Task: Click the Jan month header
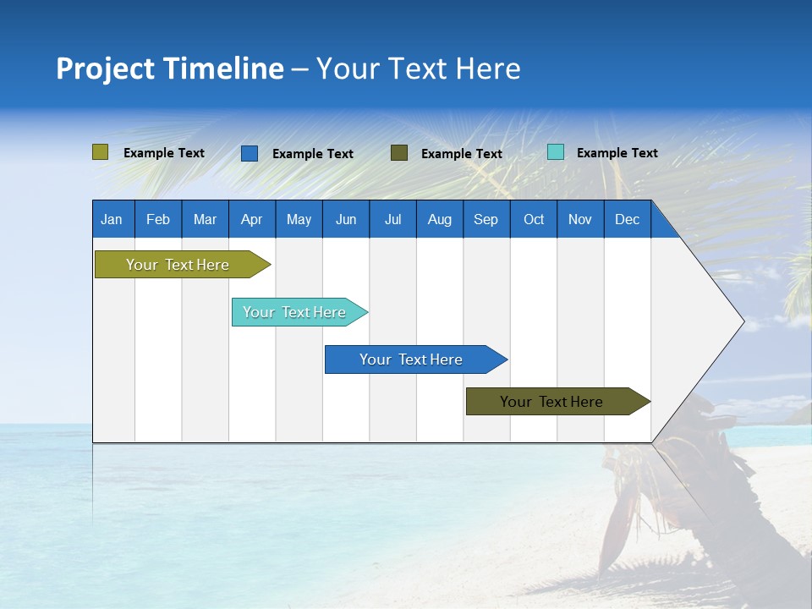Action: click(x=112, y=219)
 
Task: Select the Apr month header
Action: click(x=251, y=219)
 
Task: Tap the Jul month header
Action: click(x=392, y=219)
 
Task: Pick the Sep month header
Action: click(x=486, y=219)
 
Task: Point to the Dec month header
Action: click(x=627, y=219)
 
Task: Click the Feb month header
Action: click(x=157, y=219)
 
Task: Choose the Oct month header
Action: click(x=534, y=219)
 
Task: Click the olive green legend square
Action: click(x=100, y=152)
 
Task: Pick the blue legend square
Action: click(x=250, y=153)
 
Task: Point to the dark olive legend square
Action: click(x=399, y=152)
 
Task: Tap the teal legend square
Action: click(x=556, y=152)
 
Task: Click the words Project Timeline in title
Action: click(x=169, y=69)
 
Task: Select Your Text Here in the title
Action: click(x=418, y=69)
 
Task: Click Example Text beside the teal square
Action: click(x=617, y=153)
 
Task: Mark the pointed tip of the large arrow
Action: click(x=742, y=321)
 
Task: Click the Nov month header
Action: click(x=580, y=219)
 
